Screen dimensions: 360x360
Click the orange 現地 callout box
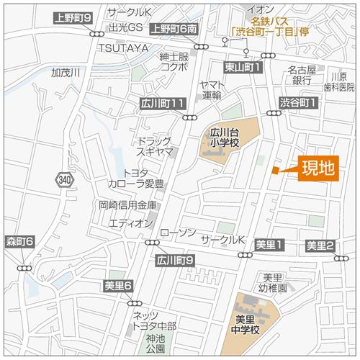coord(318,169)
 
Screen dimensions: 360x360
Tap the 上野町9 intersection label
coord(73,17)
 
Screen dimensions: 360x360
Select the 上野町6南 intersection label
coord(174,29)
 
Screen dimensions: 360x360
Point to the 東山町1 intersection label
coord(242,67)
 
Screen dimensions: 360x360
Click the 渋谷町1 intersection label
coord(299,103)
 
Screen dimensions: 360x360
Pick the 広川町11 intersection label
coord(164,104)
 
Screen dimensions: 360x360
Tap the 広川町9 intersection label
coord(175,260)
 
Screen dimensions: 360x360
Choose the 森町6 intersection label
coord(19,240)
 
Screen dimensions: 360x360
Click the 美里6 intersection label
coord(118,287)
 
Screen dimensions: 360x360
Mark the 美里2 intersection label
coord(320,246)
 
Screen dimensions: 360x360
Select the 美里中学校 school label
coord(250,324)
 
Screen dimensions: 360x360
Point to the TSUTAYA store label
coord(123,48)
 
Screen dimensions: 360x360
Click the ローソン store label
coord(177,233)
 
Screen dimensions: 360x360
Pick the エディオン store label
coord(130,224)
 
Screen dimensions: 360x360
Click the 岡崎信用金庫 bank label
coord(127,205)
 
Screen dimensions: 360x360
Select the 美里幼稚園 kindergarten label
coord(274,282)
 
